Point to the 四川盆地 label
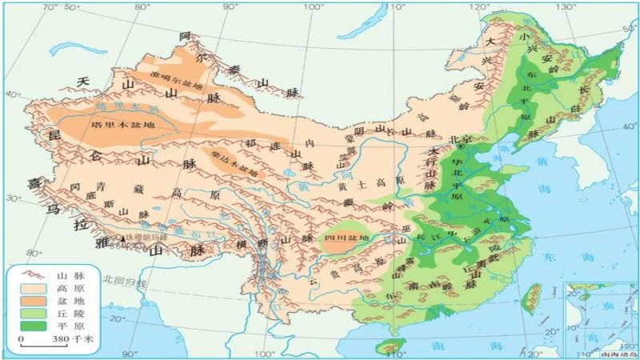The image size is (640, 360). [x=346, y=238]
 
